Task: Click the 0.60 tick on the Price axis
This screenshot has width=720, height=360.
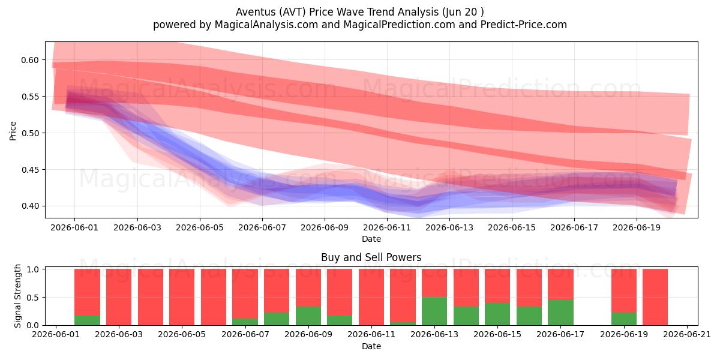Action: pos(30,60)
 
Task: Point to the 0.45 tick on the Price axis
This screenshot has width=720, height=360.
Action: pos(30,170)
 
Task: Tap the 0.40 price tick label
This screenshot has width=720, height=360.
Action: pos(30,206)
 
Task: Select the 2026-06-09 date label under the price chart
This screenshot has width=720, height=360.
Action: pos(325,227)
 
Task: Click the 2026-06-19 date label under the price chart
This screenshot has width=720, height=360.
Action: pos(637,227)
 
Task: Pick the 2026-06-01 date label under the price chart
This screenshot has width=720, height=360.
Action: pos(74,227)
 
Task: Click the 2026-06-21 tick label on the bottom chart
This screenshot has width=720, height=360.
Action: pos(687,334)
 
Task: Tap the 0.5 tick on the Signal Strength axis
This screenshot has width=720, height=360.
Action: pos(33,298)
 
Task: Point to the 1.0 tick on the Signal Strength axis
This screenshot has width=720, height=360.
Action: pos(33,269)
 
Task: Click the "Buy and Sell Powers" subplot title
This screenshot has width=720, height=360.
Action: pos(371,257)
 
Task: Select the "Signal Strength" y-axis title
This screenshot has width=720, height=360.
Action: pos(17,296)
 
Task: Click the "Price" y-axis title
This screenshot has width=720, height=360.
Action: pos(13,131)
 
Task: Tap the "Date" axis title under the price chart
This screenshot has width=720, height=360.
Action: pos(371,239)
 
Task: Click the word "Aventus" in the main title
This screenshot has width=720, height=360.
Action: pos(256,12)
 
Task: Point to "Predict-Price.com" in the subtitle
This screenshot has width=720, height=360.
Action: pos(524,25)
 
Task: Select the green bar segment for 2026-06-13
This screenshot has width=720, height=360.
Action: pos(434,311)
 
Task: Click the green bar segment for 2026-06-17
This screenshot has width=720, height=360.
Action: pos(560,313)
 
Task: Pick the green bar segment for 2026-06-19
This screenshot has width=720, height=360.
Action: pos(624,319)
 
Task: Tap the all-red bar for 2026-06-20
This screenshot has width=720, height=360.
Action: pos(655,297)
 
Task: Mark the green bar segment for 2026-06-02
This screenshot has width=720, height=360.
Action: pos(87,320)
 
